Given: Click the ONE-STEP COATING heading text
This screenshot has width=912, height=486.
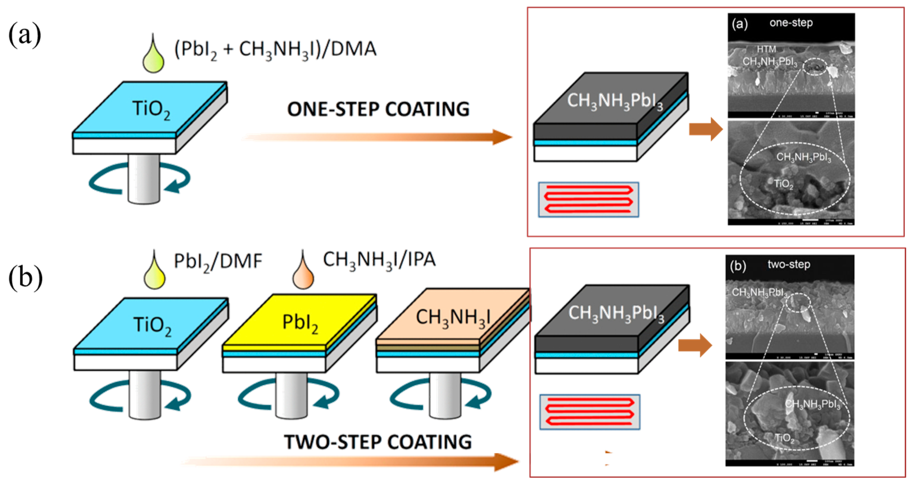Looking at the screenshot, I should click(378, 109).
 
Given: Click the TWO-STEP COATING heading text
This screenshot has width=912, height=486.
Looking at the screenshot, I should click(378, 442).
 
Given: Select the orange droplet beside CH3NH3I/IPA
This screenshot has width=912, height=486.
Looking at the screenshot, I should click(303, 274).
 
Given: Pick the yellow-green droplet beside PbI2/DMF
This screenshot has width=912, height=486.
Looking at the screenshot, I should click(154, 274).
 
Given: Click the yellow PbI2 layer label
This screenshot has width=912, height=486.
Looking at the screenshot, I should click(300, 323).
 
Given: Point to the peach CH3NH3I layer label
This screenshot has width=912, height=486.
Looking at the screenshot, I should click(453, 317).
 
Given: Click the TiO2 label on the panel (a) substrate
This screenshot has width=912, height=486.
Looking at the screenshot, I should click(151, 109).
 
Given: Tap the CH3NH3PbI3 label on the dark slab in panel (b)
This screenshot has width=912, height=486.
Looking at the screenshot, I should click(616, 313).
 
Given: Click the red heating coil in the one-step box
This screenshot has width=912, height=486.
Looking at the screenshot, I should click(588, 199).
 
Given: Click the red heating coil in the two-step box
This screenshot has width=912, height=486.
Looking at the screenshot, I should click(590, 412).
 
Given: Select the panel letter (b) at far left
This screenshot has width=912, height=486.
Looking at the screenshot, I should click(26, 278).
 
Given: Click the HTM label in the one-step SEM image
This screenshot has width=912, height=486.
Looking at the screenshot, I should click(766, 49).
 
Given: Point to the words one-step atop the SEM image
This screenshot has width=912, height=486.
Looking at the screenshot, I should click(791, 23).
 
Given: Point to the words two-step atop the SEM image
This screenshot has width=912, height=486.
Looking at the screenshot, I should click(789, 264).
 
